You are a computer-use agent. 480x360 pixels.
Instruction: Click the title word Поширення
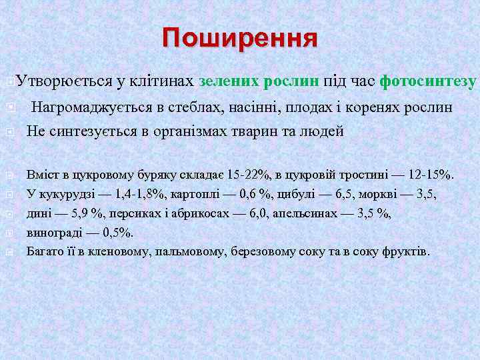point(240,39)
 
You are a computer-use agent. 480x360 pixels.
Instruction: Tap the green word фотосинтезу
point(428,82)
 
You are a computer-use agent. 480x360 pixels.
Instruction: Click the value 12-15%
point(429,175)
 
